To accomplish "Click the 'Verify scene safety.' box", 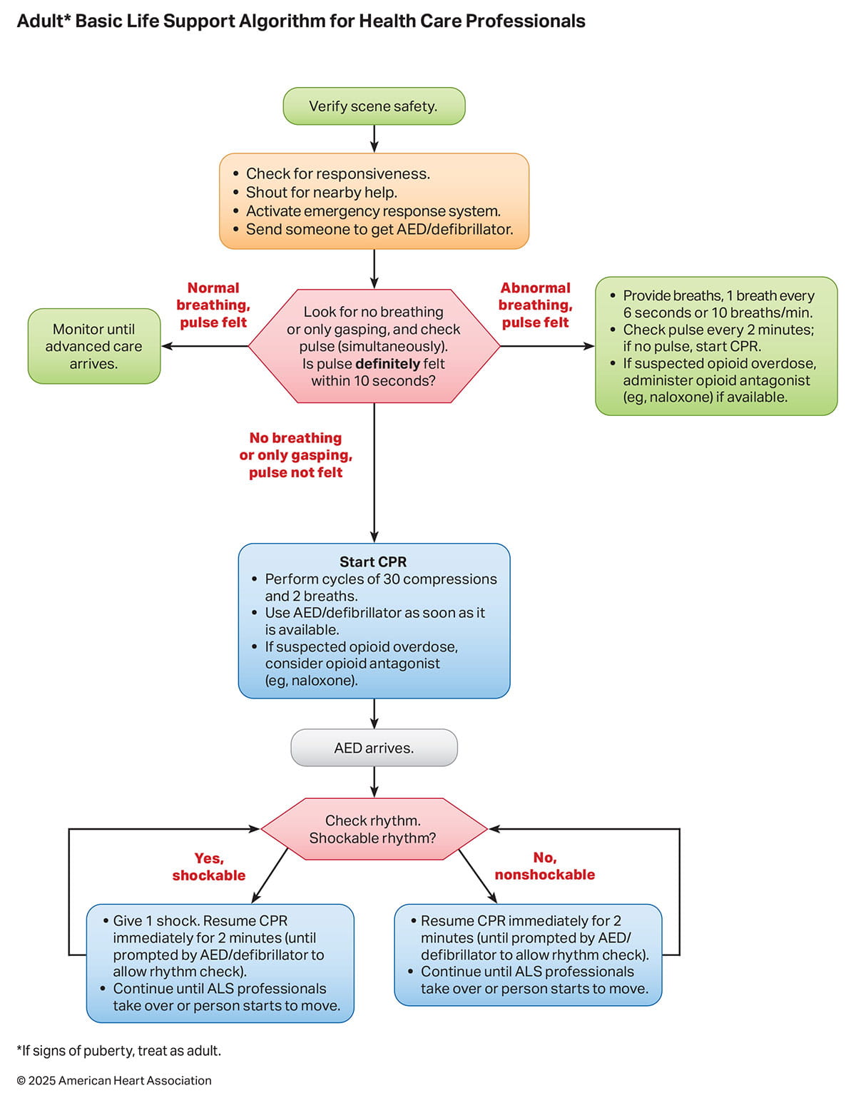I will coord(374,106).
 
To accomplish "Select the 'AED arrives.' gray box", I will coord(374,748).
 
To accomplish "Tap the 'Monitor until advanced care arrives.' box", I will coord(93,346).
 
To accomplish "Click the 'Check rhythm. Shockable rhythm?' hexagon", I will coord(373,829).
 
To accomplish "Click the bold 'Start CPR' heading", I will coord(373,562).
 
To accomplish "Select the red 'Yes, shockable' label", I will coord(208,867).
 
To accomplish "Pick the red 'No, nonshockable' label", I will coord(544,866).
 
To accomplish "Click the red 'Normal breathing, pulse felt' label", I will coord(213,305).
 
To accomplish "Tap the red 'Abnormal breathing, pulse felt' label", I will coord(535,305).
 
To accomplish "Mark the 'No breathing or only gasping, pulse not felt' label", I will coord(295,455).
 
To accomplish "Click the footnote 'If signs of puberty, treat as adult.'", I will coord(119,1051).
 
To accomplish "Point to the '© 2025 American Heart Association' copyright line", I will coord(114,1081).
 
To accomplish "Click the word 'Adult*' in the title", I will coord(43,21).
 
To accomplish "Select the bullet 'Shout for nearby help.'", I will coord(321,193).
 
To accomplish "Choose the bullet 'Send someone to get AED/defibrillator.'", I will coord(379,230).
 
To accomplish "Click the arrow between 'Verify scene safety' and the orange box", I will coord(374,139).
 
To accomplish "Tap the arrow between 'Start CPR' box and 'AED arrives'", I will coord(374,713).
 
